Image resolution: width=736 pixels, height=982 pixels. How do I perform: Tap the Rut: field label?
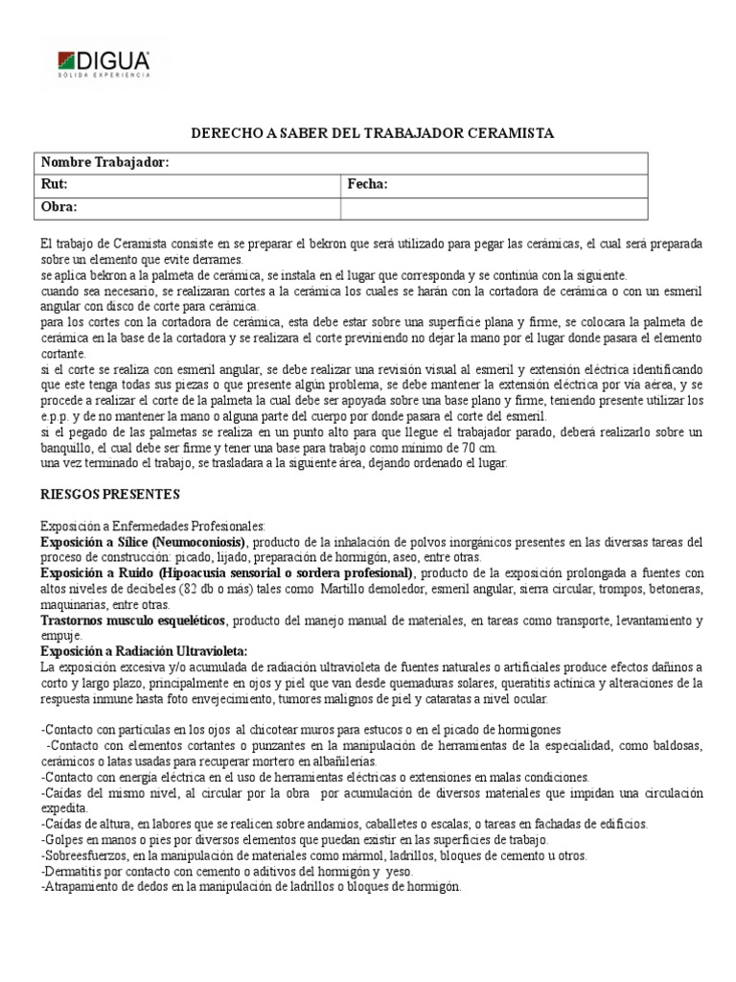(x=54, y=184)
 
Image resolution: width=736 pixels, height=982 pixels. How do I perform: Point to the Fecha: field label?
(x=367, y=184)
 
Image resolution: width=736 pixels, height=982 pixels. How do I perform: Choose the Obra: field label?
(x=57, y=206)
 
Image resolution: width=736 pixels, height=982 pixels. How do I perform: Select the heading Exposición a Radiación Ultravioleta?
(x=144, y=651)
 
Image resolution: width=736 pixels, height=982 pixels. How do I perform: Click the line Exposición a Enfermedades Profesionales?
(x=151, y=526)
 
